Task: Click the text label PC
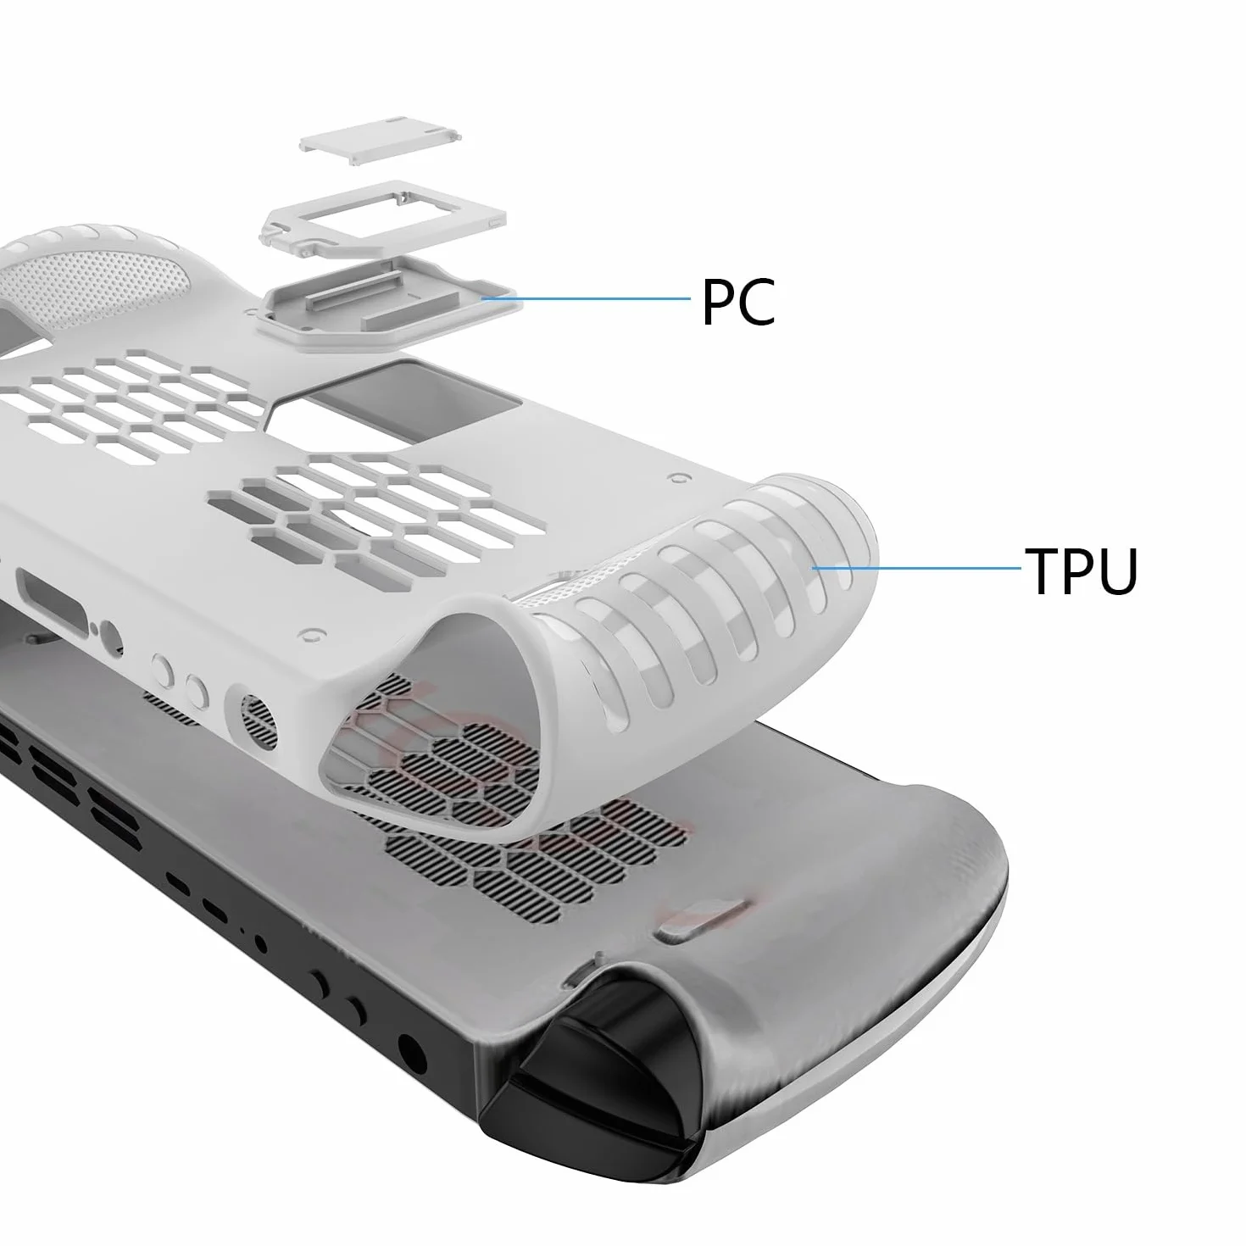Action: click(x=737, y=302)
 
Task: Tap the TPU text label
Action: click(x=1081, y=570)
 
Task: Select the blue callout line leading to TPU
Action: click(x=917, y=569)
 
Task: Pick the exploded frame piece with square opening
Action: click(x=383, y=222)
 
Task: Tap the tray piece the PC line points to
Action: click(x=391, y=304)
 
